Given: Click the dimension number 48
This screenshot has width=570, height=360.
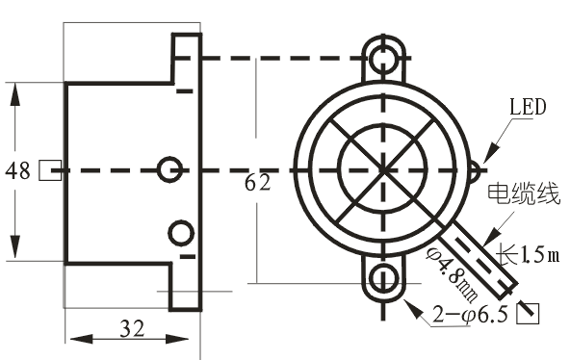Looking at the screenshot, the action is pos(17,170).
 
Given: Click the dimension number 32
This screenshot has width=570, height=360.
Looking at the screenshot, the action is pos(132,328).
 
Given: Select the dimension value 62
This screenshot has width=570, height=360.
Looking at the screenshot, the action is pos(257,182).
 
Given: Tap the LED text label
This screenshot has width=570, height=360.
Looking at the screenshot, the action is pos(528,107).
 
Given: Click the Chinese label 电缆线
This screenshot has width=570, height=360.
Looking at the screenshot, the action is pos(523,193).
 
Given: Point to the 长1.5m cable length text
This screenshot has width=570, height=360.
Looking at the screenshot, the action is pos(528,253).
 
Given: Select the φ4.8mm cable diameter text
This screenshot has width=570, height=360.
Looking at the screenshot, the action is pos(453,274).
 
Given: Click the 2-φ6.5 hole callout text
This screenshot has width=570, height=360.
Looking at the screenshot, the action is pos(470,315).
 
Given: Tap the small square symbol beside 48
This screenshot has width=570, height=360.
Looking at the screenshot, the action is pos(50,170).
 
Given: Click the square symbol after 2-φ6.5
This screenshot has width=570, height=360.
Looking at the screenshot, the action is pos(528,313).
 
